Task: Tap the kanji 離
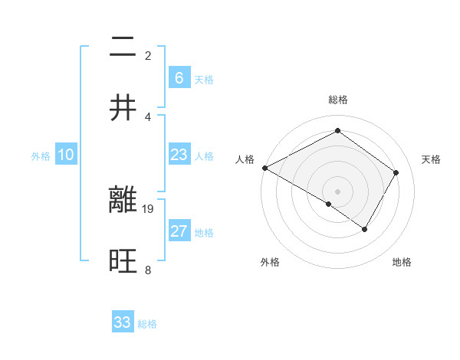(x=123, y=200)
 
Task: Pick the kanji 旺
(x=123, y=261)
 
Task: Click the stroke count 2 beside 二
(x=148, y=55)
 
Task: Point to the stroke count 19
(x=148, y=208)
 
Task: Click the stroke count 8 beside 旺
(x=148, y=270)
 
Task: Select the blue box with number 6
(x=179, y=78)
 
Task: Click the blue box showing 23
(x=179, y=155)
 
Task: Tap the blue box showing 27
(x=179, y=231)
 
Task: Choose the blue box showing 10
(x=66, y=155)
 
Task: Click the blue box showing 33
(x=123, y=322)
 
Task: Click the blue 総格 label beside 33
(x=147, y=324)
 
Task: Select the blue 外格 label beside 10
(x=41, y=156)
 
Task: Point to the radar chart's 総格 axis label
(x=337, y=100)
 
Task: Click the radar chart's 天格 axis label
(x=431, y=159)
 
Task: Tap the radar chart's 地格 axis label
(x=402, y=262)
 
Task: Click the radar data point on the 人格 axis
(x=264, y=168)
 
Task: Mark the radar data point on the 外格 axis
(x=328, y=204)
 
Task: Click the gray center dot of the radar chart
(x=337, y=191)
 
